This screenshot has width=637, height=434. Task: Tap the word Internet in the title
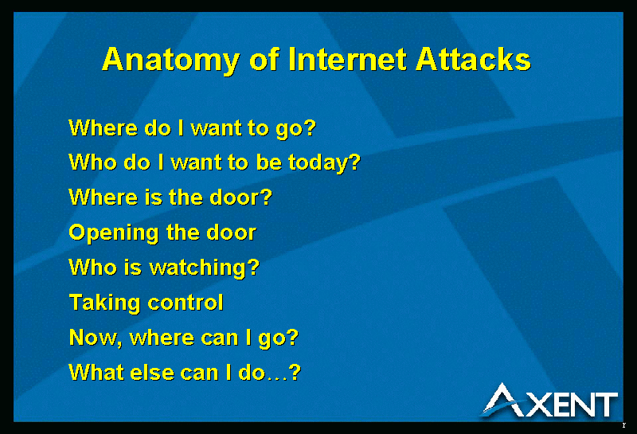pyautogui.click(x=347, y=59)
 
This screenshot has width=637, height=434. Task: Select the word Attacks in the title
pyautogui.click(x=473, y=59)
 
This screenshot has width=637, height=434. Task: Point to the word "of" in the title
pyautogui.click(x=264, y=59)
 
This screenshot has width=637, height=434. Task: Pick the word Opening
pyautogui.click(x=114, y=233)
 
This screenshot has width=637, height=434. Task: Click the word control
pyautogui.click(x=186, y=303)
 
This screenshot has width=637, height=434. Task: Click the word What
pyautogui.click(x=96, y=372)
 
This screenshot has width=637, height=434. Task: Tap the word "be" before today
pyautogui.click(x=269, y=162)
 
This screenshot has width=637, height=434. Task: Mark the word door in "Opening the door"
pyautogui.click(x=232, y=233)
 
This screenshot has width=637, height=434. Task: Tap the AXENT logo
pyautogui.click(x=550, y=401)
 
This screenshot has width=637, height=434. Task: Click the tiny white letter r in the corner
pyautogui.click(x=624, y=425)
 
